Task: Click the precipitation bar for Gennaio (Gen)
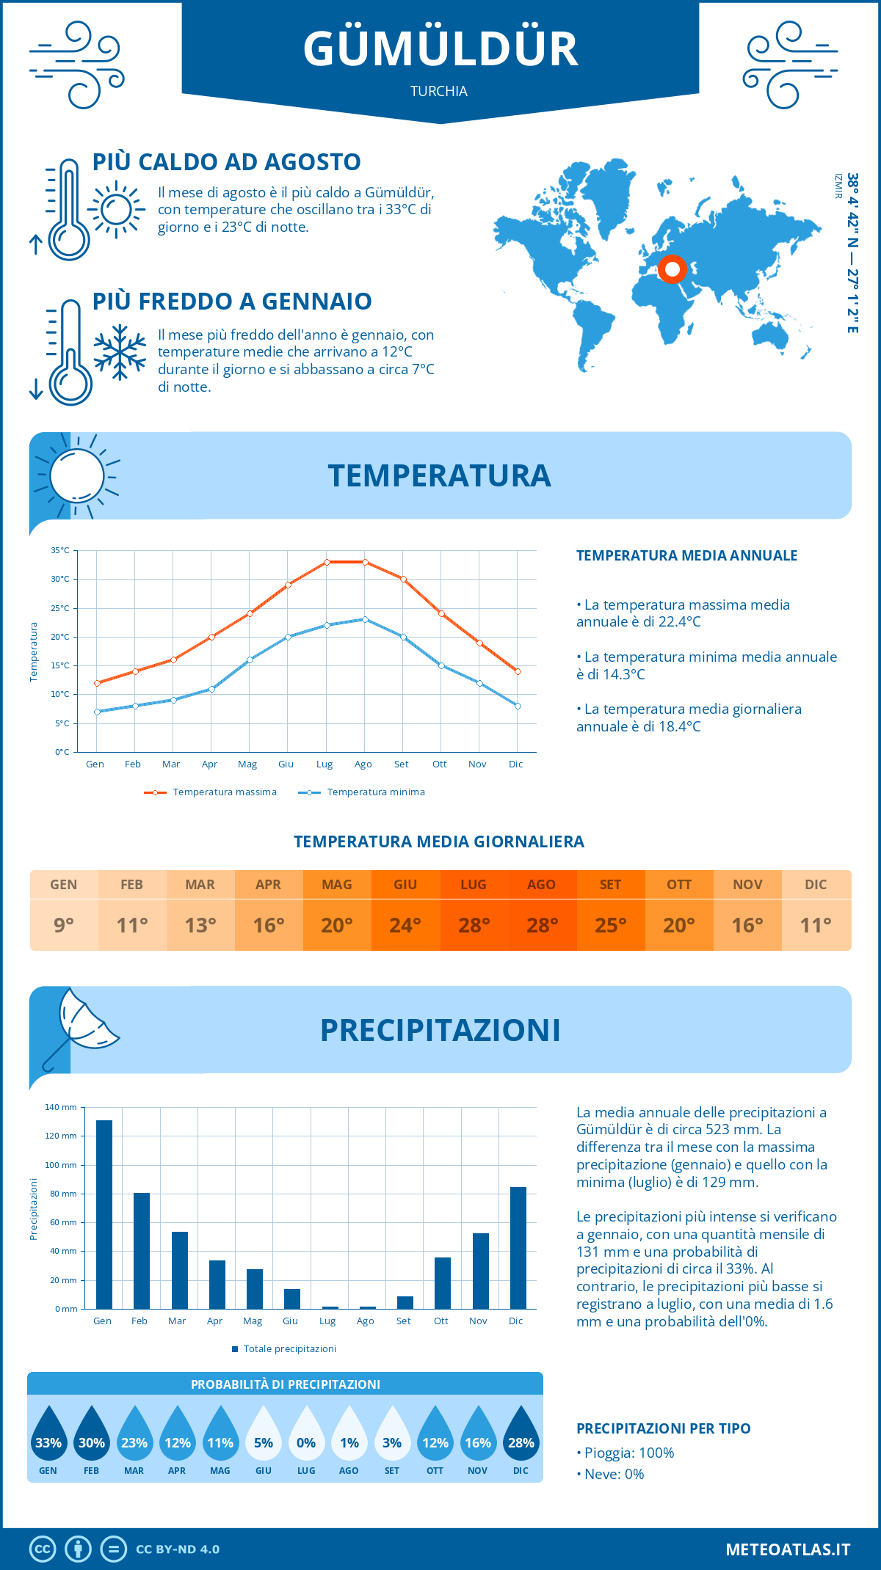(104, 1214)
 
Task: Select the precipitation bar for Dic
(518, 1248)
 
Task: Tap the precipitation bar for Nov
(481, 1271)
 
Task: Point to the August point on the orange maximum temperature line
(365, 562)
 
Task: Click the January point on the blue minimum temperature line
(97, 712)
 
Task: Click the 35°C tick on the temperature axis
(60, 550)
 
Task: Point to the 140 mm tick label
(61, 1107)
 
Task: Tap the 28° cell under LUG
(474, 925)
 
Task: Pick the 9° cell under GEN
(64, 925)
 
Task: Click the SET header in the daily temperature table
(610, 885)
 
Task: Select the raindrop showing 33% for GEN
(48, 1436)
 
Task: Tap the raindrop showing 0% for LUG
(306, 1436)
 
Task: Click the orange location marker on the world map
(672, 269)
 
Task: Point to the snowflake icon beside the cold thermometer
(120, 352)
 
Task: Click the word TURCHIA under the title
(439, 91)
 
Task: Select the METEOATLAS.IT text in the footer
(788, 1549)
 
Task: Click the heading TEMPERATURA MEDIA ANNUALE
(686, 555)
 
